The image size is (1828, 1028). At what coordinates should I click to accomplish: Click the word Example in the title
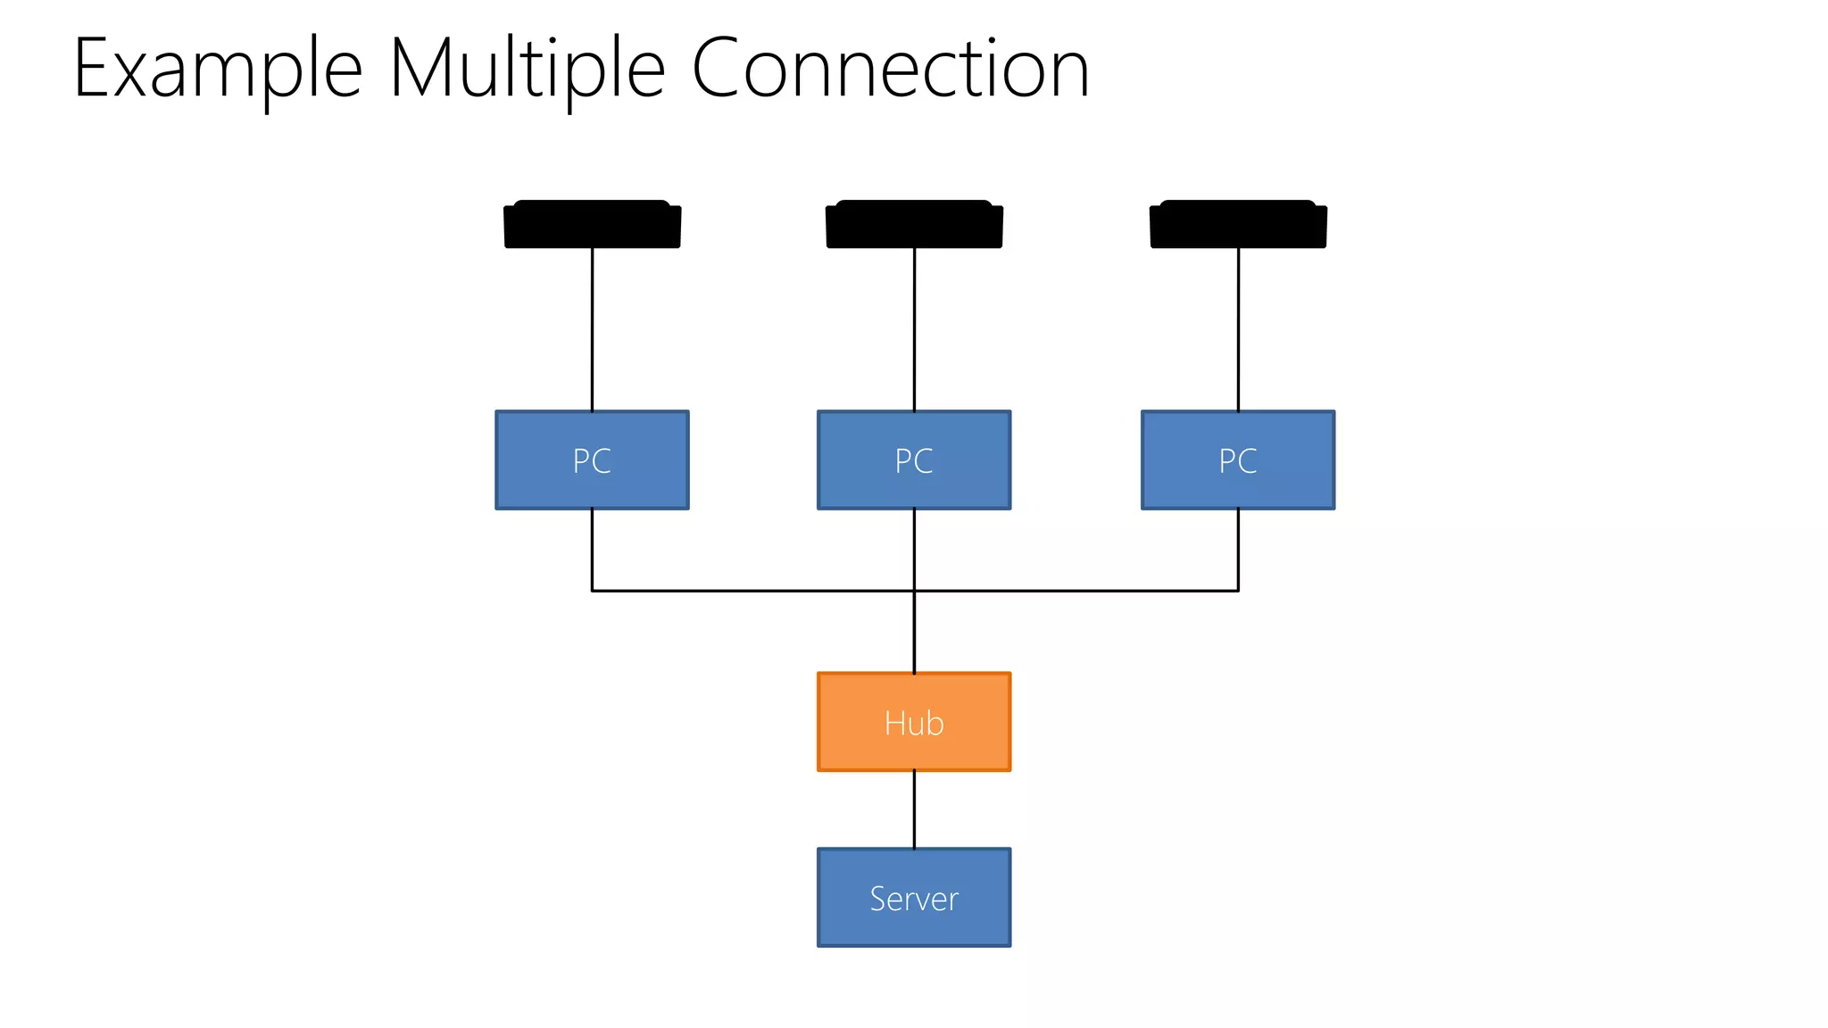click(217, 70)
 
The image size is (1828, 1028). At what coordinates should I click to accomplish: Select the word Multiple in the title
click(527, 70)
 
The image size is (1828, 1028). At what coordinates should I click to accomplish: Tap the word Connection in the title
click(890, 70)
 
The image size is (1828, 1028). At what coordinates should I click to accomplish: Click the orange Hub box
click(914, 722)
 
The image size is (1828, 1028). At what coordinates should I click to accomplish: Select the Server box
click(914, 898)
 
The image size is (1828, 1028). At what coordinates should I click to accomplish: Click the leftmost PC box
click(592, 460)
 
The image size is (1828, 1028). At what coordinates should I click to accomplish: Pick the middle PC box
click(914, 460)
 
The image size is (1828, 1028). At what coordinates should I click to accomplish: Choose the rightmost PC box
click(1238, 460)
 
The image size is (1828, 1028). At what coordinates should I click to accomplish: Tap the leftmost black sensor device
click(592, 224)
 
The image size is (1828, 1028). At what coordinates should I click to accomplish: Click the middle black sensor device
click(914, 224)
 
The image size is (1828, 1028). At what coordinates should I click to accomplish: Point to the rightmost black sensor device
click(1238, 224)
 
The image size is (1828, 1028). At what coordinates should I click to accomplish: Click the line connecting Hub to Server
click(914, 809)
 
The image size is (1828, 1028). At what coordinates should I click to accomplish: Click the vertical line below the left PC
click(592, 549)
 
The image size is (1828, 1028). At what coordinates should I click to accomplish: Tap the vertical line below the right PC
click(1238, 549)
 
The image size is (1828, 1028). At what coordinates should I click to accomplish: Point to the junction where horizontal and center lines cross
click(914, 591)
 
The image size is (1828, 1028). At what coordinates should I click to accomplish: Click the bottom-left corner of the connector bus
click(592, 591)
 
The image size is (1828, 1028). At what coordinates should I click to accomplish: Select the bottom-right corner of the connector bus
click(1238, 591)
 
